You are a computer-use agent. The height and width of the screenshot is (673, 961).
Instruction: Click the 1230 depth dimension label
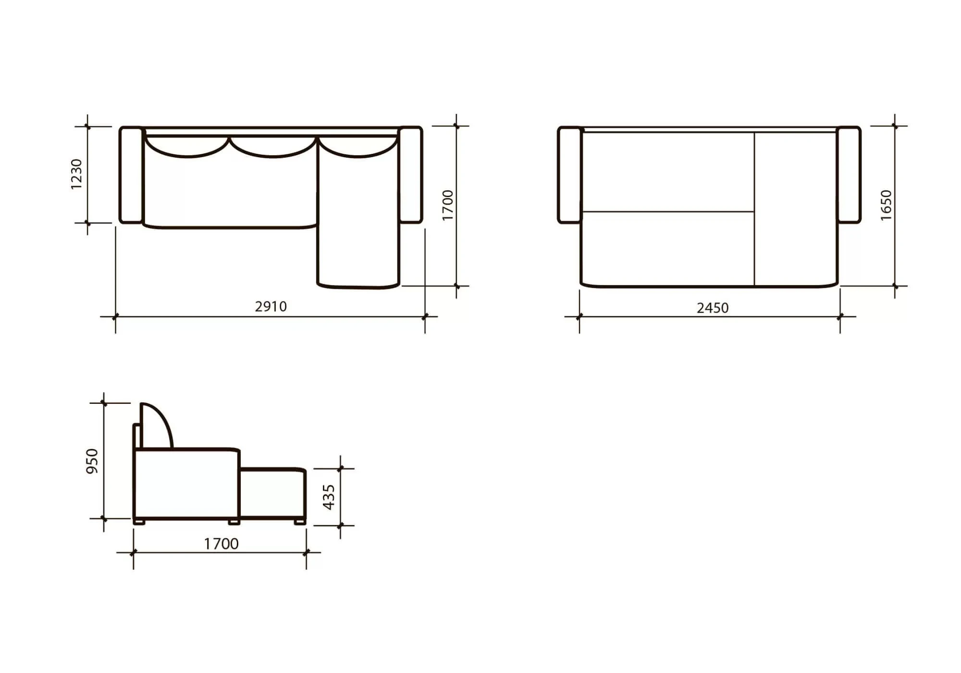pyautogui.click(x=76, y=174)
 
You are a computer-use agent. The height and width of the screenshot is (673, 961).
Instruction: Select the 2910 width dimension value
pyautogui.click(x=271, y=307)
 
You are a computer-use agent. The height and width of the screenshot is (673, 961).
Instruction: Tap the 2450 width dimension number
pyautogui.click(x=713, y=308)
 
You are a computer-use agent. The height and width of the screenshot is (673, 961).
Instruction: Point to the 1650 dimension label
pyautogui.click(x=886, y=205)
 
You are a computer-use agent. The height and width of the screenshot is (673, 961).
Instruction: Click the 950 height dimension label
pyautogui.click(x=92, y=461)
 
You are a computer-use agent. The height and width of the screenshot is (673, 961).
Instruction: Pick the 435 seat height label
pyautogui.click(x=329, y=497)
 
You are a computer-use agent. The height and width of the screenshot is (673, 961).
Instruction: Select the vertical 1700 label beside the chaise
pyautogui.click(x=447, y=205)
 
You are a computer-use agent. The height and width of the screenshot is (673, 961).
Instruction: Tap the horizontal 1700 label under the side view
pyautogui.click(x=221, y=544)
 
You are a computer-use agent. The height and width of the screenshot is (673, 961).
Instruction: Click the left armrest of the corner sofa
pyautogui.click(x=131, y=175)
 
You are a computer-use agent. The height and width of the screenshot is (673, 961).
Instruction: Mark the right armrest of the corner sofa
pyautogui.click(x=411, y=175)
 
